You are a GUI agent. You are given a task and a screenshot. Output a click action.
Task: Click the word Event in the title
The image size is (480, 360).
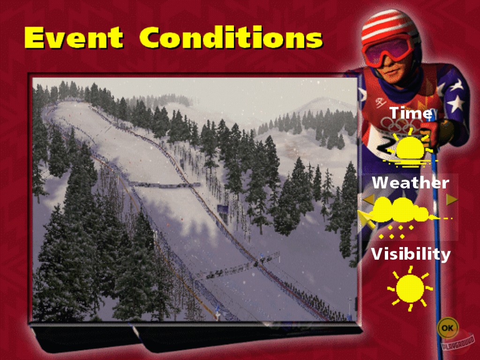coord(74,37)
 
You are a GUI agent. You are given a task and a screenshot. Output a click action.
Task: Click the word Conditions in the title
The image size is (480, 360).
coord(231,37)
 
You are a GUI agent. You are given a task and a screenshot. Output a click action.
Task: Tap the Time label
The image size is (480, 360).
coord(411,112)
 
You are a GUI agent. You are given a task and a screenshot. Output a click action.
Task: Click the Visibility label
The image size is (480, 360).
coord(411,254)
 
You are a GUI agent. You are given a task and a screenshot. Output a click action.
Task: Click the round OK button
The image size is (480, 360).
coord(448,328)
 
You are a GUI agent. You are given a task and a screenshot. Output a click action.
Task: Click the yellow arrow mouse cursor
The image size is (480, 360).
coord(367,219)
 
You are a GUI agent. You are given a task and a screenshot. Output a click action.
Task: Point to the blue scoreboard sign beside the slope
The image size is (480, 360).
coord(223,209)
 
